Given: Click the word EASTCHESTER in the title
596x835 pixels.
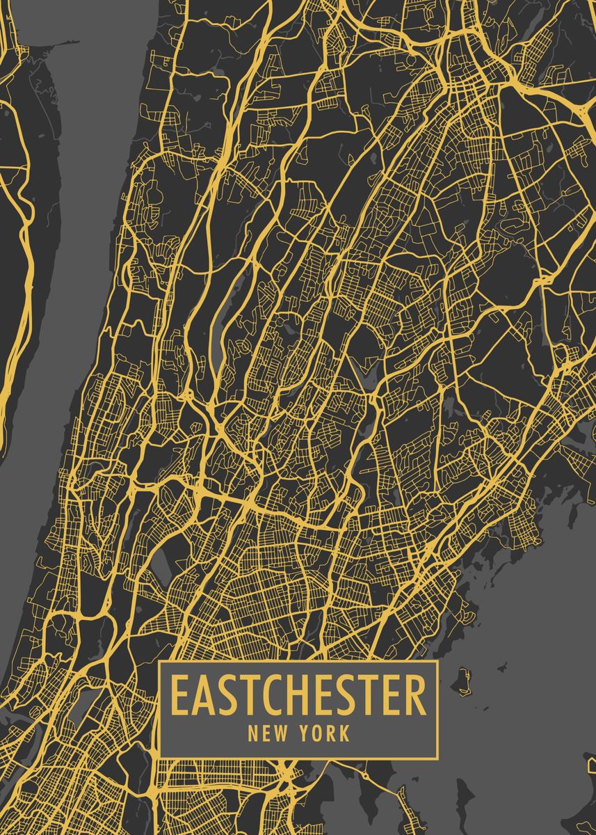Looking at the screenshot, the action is click(298, 695).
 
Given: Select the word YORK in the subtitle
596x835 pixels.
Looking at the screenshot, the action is click(325, 733).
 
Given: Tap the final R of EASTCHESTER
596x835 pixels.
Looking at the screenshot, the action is click(416, 695).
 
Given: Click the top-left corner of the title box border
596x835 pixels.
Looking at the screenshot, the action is click(159, 662).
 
